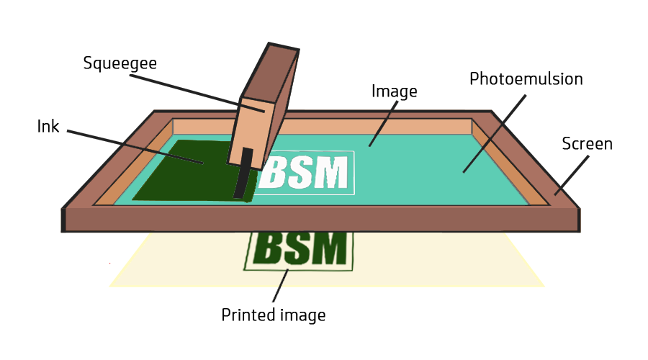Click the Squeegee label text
tap(120, 63)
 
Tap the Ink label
tap(48, 127)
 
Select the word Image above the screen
tap(394, 91)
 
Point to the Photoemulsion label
tap(526, 79)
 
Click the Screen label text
tap(587, 144)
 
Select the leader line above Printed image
tap(282, 285)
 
